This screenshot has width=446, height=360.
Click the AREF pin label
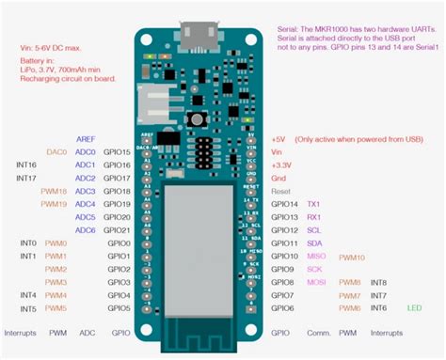point(85,138)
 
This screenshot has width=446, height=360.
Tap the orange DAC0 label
point(56,151)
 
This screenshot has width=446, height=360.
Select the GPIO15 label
point(118,151)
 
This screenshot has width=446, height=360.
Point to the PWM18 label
point(54,191)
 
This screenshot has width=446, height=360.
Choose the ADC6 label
point(86,230)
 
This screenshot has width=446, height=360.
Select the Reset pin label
point(280,191)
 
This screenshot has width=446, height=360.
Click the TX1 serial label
point(313,204)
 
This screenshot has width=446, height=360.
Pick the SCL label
point(313,230)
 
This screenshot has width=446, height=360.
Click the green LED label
point(415,307)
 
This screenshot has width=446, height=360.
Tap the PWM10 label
point(352,257)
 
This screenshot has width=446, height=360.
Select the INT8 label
point(378,282)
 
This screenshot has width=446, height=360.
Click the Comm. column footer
point(318,333)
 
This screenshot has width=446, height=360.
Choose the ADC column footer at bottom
point(88,333)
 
